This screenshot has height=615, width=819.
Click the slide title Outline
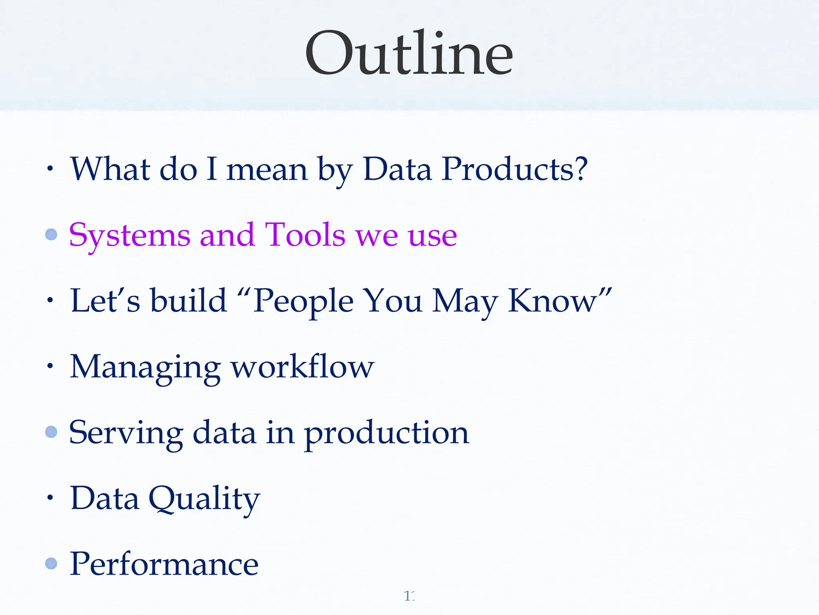(409, 53)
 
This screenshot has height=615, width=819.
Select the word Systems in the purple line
(130, 235)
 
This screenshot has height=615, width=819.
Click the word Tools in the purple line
(305, 235)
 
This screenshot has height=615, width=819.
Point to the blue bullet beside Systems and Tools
(51, 234)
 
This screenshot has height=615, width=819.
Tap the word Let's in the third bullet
(105, 300)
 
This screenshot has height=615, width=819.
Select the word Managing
(145, 367)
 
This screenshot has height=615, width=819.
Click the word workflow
(303, 366)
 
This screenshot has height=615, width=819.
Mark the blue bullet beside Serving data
(51, 432)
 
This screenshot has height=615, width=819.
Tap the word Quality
(204, 499)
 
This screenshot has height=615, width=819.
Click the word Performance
(164, 564)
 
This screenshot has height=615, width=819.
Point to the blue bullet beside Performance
(51, 563)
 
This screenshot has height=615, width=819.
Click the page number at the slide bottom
(409, 596)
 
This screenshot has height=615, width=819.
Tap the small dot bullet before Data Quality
(50, 498)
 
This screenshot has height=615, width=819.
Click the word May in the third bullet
(465, 301)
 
